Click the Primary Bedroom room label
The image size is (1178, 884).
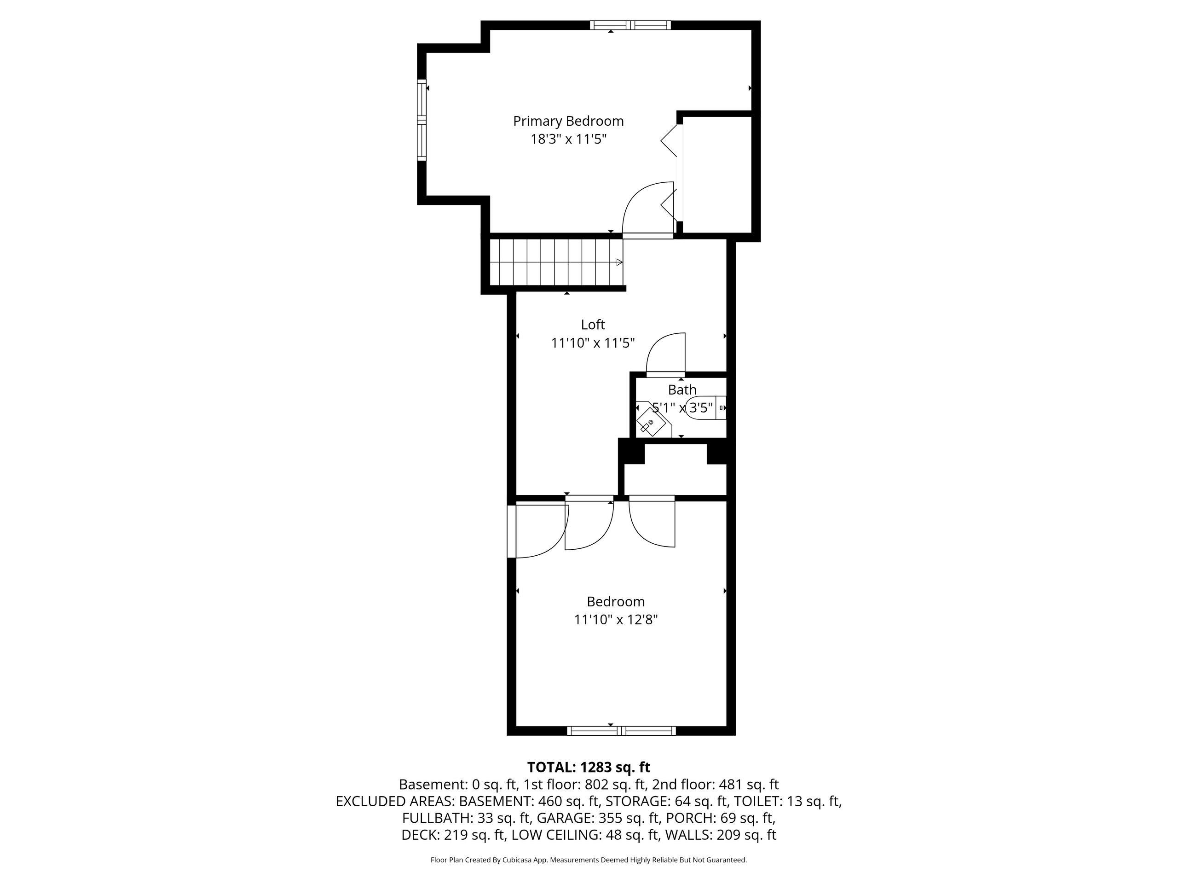568,122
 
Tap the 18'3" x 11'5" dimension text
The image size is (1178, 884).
568,140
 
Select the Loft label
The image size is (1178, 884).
593,325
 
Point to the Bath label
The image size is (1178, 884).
682,390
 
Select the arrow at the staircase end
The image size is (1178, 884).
619,262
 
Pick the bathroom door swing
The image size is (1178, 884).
665,353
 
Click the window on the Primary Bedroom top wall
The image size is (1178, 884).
630,25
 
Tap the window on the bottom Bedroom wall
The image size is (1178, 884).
622,731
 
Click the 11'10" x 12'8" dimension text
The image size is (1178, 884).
616,620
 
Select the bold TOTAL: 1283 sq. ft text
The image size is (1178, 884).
589,768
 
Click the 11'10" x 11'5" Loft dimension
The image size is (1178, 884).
593,343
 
